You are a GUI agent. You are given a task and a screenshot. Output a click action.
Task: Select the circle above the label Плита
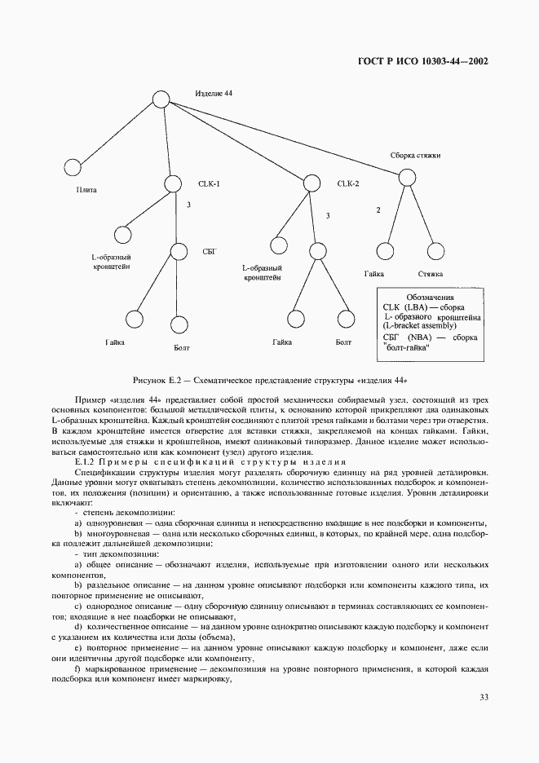pos(72,168)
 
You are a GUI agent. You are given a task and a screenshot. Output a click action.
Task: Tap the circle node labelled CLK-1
pos(173,185)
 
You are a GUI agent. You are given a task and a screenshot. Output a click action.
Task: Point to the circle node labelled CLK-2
pos(310,184)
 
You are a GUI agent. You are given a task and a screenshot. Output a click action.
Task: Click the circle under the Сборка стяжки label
pos(405,178)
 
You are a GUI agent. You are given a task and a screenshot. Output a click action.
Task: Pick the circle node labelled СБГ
pos(179,253)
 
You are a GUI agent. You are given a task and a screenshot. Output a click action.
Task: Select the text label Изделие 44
pos(214,94)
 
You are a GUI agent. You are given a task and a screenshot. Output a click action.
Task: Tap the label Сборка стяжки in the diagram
pos(416,155)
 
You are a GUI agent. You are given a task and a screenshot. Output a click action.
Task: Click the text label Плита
pos(86,190)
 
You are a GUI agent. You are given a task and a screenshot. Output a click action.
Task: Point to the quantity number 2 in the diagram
pos(378,210)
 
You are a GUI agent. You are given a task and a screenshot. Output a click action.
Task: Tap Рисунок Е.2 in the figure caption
pos(158,381)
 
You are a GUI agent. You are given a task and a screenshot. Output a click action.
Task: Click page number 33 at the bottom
pos(483,697)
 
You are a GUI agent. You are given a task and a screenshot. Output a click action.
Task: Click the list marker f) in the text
pos(77,668)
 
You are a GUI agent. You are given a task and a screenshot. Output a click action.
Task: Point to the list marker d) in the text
pos(77,626)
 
